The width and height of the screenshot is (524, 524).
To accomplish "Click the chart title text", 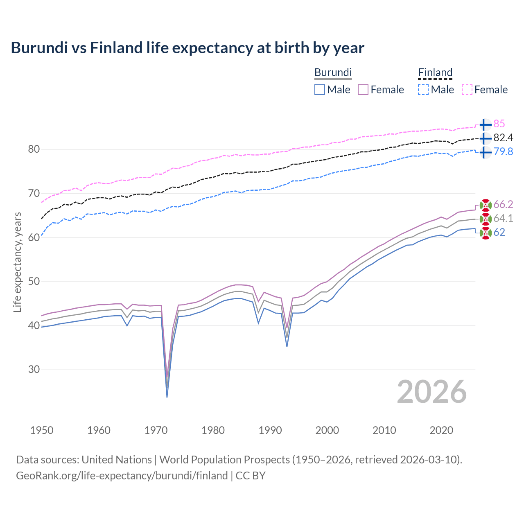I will (187, 48).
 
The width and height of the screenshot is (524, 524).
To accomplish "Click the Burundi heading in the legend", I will (333, 72).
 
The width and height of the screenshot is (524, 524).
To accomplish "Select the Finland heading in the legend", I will (435, 72).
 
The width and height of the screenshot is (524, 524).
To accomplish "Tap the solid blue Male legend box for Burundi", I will (320, 90).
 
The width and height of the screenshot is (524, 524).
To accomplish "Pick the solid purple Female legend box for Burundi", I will (363, 90).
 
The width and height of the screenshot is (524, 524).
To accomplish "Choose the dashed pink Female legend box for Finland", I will (467, 90).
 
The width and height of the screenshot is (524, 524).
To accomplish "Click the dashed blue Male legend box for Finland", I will (424, 90).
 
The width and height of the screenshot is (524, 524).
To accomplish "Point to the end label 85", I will (499, 124).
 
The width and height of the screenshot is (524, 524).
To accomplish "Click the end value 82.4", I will (503, 138).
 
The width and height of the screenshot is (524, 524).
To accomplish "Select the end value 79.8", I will (503, 152).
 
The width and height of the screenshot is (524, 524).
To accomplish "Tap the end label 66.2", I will (503, 205).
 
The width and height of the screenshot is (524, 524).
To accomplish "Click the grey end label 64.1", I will (503, 219).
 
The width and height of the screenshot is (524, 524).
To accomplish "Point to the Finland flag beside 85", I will (485, 124).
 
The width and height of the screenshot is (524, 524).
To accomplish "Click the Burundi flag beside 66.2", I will (486, 205).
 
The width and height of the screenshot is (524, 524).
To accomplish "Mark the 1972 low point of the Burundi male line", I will (167, 397).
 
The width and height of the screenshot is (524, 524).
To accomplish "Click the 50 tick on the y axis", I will (34, 282).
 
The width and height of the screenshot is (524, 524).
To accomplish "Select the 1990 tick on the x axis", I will (270, 430).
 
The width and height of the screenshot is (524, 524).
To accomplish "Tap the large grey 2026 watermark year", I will (431, 392).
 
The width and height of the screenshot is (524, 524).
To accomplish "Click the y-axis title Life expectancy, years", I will (18, 262).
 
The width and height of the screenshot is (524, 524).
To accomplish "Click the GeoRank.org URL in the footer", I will (122, 476).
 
